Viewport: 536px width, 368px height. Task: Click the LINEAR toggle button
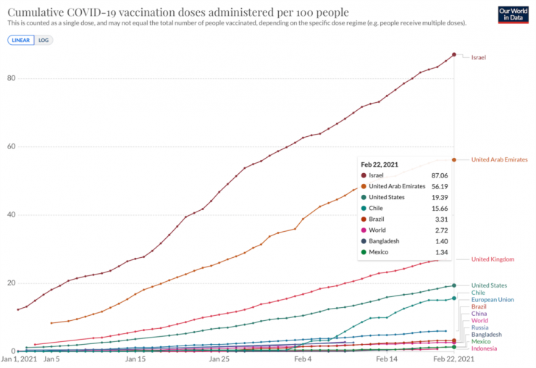pyautogui.click(x=19, y=40)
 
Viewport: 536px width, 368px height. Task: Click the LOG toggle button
pyautogui.click(x=43, y=40)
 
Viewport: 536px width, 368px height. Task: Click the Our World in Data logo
pyautogui.click(x=514, y=15)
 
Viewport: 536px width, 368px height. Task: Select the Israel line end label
pyautogui.click(x=478, y=57)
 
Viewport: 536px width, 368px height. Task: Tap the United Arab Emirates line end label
pyautogui.click(x=499, y=159)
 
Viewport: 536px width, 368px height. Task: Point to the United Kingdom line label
pyautogui.click(x=493, y=259)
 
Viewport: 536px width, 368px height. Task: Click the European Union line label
pyautogui.click(x=493, y=299)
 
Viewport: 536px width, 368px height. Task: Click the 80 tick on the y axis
pyautogui.click(x=12, y=78)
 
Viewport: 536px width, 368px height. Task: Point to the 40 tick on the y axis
pyautogui.click(x=12, y=214)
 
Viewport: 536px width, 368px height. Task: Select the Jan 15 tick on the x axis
pyautogui.click(x=135, y=359)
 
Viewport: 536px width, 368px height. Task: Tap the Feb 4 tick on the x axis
pyautogui.click(x=303, y=359)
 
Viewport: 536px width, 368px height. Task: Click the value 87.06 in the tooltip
pyautogui.click(x=439, y=175)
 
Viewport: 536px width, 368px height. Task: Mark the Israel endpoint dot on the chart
pyautogui.click(x=454, y=54)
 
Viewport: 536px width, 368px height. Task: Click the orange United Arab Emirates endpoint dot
pyautogui.click(x=454, y=159)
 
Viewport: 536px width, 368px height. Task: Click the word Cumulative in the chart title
pyautogui.click(x=35, y=12)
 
